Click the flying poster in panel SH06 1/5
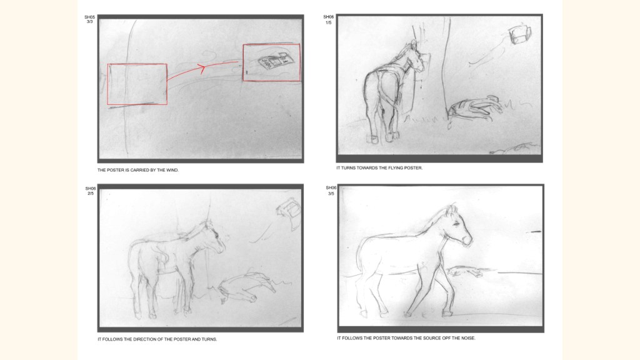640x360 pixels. tap(519, 34)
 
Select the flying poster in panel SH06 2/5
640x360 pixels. tap(289, 210)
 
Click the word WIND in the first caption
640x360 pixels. tap(172, 170)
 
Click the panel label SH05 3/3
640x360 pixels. tap(90, 19)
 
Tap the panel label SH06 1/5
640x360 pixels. tap(328, 19)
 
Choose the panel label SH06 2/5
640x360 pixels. tap(91, 191)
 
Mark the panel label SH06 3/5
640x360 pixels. tap(331, 191)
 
